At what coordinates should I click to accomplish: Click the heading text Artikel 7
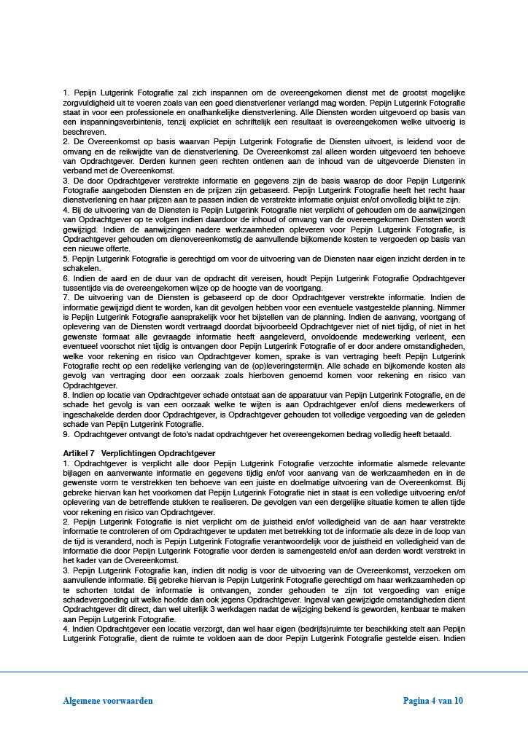click(x=79, y=453)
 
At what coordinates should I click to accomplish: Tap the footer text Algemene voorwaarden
click(x=108, y=701)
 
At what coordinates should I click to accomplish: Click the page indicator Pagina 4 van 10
click(x=433, y=701)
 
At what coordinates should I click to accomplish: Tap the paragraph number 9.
click(x=66, y=434)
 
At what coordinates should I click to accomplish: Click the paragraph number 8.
click(x=66, y=393)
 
